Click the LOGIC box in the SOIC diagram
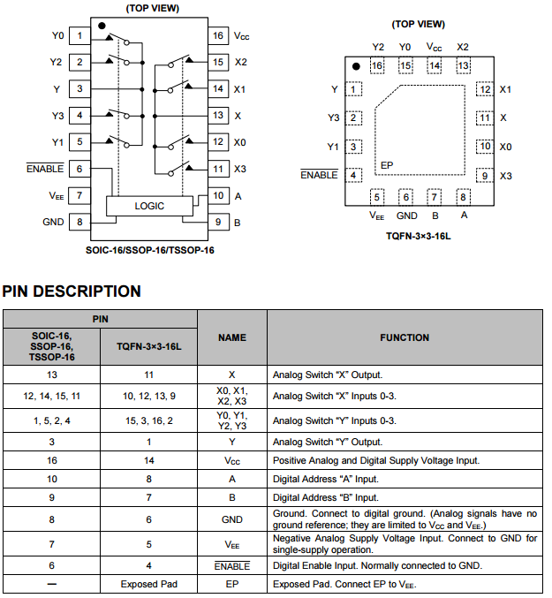tap(148, 206)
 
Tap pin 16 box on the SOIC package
tap(217, 36)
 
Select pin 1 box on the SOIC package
tap(79, 36)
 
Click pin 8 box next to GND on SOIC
tap(79, 223)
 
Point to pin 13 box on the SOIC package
tap(217, 116)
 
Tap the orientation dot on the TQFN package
tap(356, 66)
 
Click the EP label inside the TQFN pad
tap(386, 165)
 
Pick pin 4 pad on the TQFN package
tap(354, 175)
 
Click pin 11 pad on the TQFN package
tap(484, 117)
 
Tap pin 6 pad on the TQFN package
tap(405, 197)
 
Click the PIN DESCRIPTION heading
tap(72, 291)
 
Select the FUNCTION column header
tap(405, 337)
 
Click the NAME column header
tap(232, 337)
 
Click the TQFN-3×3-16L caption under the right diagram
tap(419, 236)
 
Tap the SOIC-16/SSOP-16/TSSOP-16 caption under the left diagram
tap(149, 250)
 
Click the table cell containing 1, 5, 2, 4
tap(51, 420)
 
